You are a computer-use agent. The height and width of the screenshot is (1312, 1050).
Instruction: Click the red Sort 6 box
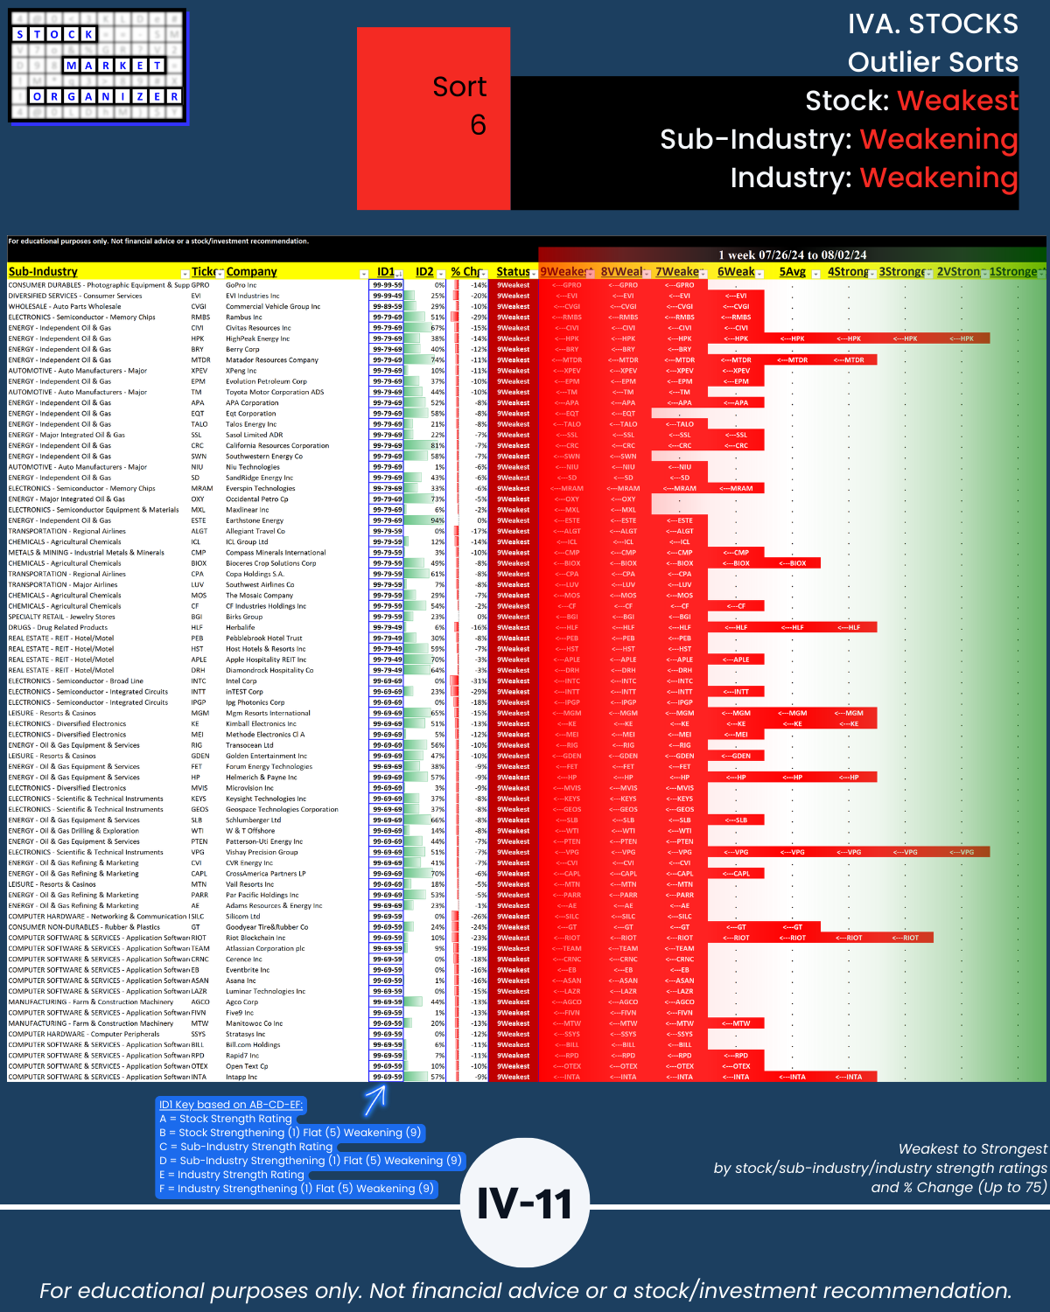pos(433,118)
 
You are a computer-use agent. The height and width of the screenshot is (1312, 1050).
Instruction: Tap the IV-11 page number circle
pos(524,1204)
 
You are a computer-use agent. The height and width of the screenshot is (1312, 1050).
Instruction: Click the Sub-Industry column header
pos(44,272)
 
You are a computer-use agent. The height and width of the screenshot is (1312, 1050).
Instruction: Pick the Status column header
pos(513,272)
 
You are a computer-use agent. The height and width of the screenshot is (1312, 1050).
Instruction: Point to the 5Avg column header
pos(792,272)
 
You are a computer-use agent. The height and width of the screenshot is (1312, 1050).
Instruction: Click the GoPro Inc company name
pos(241,285)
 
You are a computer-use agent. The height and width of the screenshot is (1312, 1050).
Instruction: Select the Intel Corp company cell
pos(241,681)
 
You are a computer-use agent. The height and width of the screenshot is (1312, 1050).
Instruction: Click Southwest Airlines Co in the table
pos(260,585)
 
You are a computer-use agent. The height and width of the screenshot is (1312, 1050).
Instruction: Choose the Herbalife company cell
pos(240,628)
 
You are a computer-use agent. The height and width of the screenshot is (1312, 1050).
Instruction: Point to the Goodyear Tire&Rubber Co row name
pos(267,927)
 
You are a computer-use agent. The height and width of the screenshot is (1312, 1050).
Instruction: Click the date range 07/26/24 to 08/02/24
pos(792,255)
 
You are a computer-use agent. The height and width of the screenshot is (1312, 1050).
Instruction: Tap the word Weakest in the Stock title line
pos(957,101)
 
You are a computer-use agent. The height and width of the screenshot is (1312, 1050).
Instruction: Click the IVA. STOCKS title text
pos(933,24)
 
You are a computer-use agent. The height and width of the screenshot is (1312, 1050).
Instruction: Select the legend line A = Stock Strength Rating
pos(226,1119)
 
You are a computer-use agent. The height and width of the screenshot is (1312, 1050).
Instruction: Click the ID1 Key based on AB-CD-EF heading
pos(231,1105)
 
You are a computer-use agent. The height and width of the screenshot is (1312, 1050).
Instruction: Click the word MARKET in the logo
pos(114,66)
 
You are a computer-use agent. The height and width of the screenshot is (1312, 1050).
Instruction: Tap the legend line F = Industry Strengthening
pos(297,1189)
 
